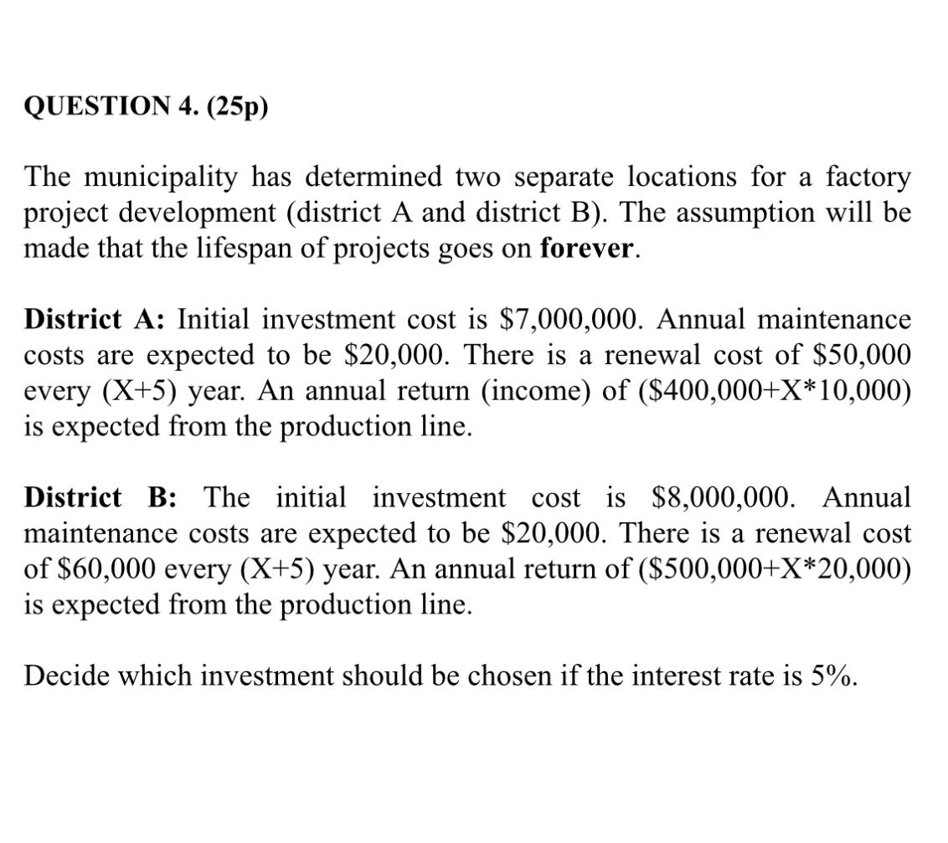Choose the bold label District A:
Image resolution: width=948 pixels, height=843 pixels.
tap(97, 320)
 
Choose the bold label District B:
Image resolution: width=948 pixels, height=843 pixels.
tap(100, 497)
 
